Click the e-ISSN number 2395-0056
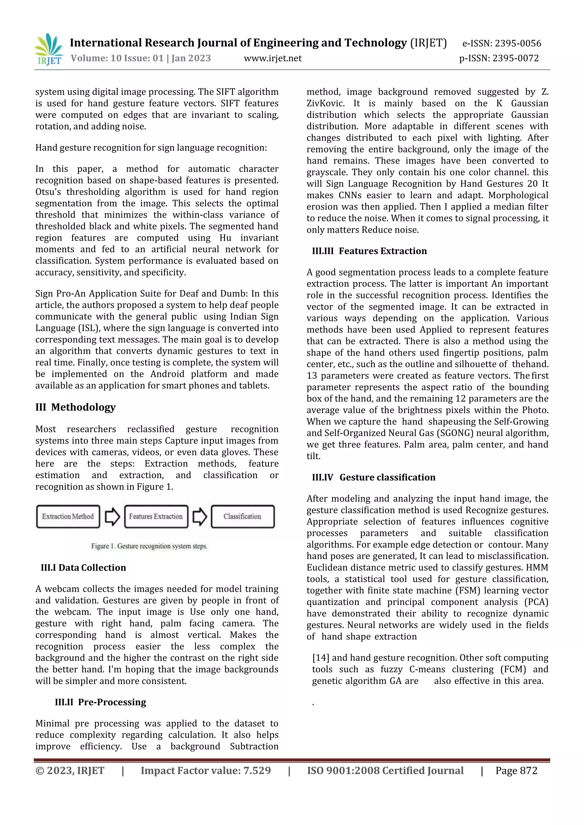pyautogui.click(x=501, y=44)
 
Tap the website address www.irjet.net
pyautogui.click(x=273, y=58)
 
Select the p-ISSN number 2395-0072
pyautogui.click(x=499, y=58)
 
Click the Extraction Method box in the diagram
pyautogui.click(x=68, y=516)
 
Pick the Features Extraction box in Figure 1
pyautogui.click(x=156, y=516)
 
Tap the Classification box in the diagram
pyautogui.click(x=242, y=516)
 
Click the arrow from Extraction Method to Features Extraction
pyautogui.click(x=112, y=517)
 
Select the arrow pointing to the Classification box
pyautogui.click(x=200, y=517)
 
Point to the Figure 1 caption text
pyautogui.click(x=149, y=546)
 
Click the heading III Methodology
pyautogui.click(x=76, y=407)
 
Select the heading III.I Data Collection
pyautogui.click(x=84, y=568)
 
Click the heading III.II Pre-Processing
pyautogui.click(x=100, y=702)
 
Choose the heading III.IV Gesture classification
pyautogui.click(x=374, y=477)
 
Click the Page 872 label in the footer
pyautogui.click(x=516, y=770)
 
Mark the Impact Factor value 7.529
pyautogui.click(x=206, y=770)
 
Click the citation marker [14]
pyautogui.click(x=321, y=658)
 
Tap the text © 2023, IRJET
pyautogui.click(x=70, y=770)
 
